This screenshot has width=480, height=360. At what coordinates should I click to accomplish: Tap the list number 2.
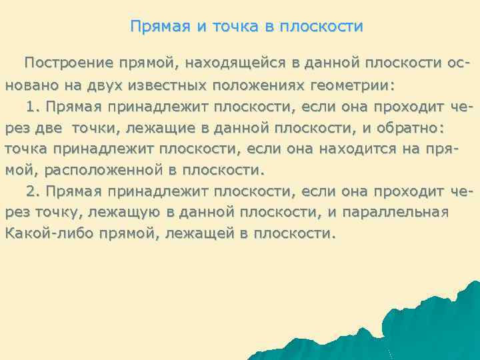pyautogui.click(x=33, y=191)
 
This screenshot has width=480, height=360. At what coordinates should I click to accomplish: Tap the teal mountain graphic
pyautogui.click(x=400, y=327)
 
